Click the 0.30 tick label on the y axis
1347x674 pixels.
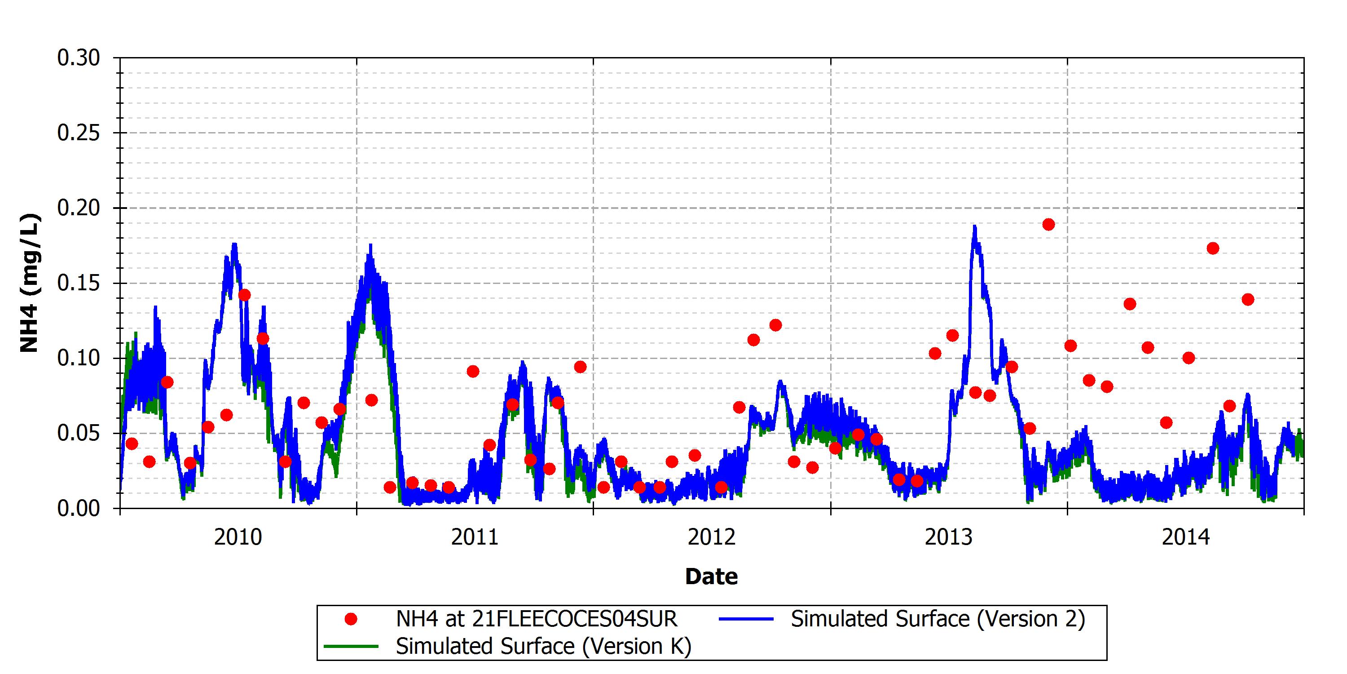tap(79, 58)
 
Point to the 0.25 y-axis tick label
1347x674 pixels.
tap(79, 133)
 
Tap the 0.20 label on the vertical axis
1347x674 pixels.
tap(79, 208)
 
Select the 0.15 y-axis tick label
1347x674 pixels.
tap(79, 283)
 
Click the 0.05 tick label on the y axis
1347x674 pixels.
tap(79, 433)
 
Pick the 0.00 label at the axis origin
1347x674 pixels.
tap(79, 508)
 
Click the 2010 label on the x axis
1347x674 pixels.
tap(238, 537)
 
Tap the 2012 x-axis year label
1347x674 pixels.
tap(712, 537)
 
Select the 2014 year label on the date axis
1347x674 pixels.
tap(1186, 537)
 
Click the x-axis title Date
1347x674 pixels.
tap(712, 576)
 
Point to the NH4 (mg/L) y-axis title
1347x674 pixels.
tap(29, 283)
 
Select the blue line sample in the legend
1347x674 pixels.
tap(746, 619)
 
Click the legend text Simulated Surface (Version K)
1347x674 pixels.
tap(544, 646)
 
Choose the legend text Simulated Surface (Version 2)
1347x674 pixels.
tap(938, 619)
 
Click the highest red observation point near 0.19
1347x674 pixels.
tap(1048, 225)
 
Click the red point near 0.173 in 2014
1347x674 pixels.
tap(1213, 248)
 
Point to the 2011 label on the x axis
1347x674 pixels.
tap(475, 537)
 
